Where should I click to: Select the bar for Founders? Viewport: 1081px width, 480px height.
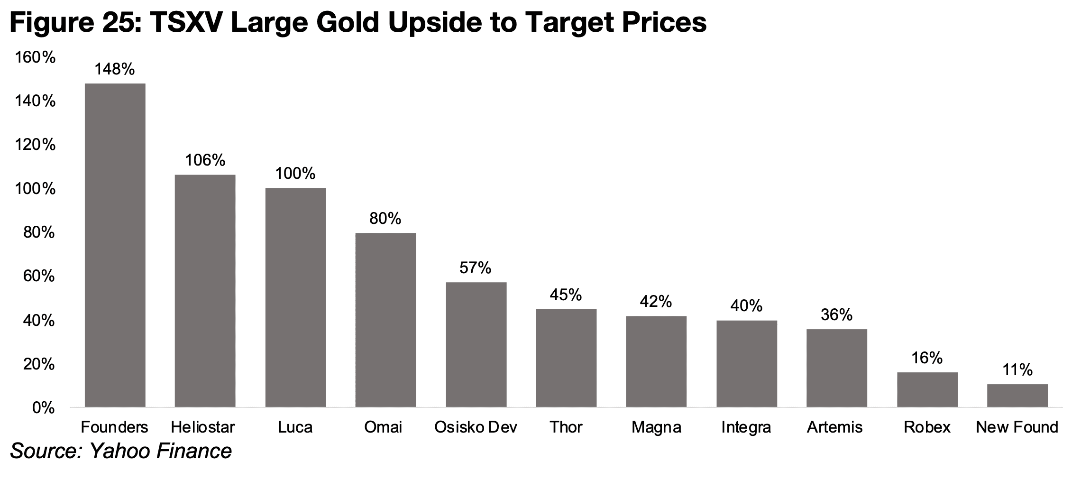pyautogui.click(x=115, y=245)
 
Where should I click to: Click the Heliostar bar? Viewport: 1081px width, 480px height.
pyautogui.click(x=205, y=291)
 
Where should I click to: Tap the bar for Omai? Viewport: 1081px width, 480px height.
pyautogui.click(x=385, y=320)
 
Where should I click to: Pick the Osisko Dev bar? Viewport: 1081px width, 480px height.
pyautogui.click(x=476, y=344)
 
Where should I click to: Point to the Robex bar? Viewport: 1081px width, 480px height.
pyautogui.click(x=927, y=389)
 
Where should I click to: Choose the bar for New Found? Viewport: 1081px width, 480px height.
pyautogui.click(x=1017, y=396)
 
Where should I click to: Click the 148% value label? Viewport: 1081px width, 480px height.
pyautogui.click(x=115, y=70)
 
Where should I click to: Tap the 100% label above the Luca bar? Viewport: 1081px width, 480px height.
pyautogui.click(x=295, y=174)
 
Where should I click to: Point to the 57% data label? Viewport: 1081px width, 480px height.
pyautogui.click(x=475, y=268)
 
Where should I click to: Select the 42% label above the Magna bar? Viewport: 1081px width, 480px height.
pyautogui.click(x=656, y=302)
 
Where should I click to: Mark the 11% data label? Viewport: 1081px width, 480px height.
pyautogui.click(x=1017, y=370)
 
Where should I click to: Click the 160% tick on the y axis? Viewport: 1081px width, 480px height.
pyautogui.click(x=35, y=58)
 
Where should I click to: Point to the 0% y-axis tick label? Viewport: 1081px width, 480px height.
pyautogui.click(x=43, y=408)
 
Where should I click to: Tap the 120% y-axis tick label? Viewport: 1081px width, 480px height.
pyautogui.click(x=35, y=145)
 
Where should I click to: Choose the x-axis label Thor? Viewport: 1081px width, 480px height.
pyautogui.click(x=566, y=427)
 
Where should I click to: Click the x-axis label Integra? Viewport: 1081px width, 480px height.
pyautogui.click(x=746, y=428)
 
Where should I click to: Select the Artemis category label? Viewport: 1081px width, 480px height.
pyautogui.click(x=834, y=427)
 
